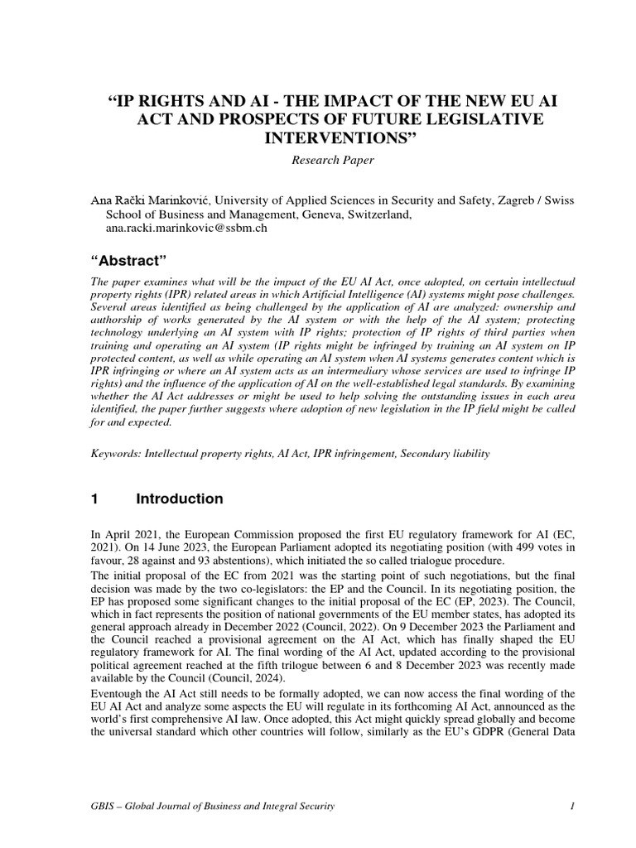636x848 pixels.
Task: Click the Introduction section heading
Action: [x=179, y=499]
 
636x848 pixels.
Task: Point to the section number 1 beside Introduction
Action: [x=94, y=499]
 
